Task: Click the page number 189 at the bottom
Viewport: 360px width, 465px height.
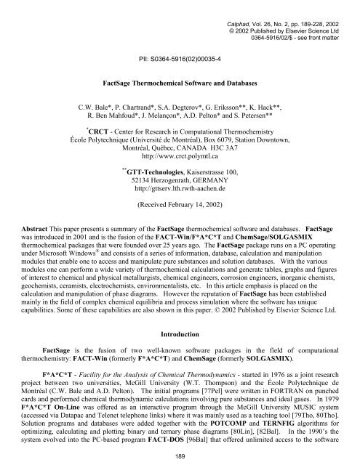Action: (x=180, y=454)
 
